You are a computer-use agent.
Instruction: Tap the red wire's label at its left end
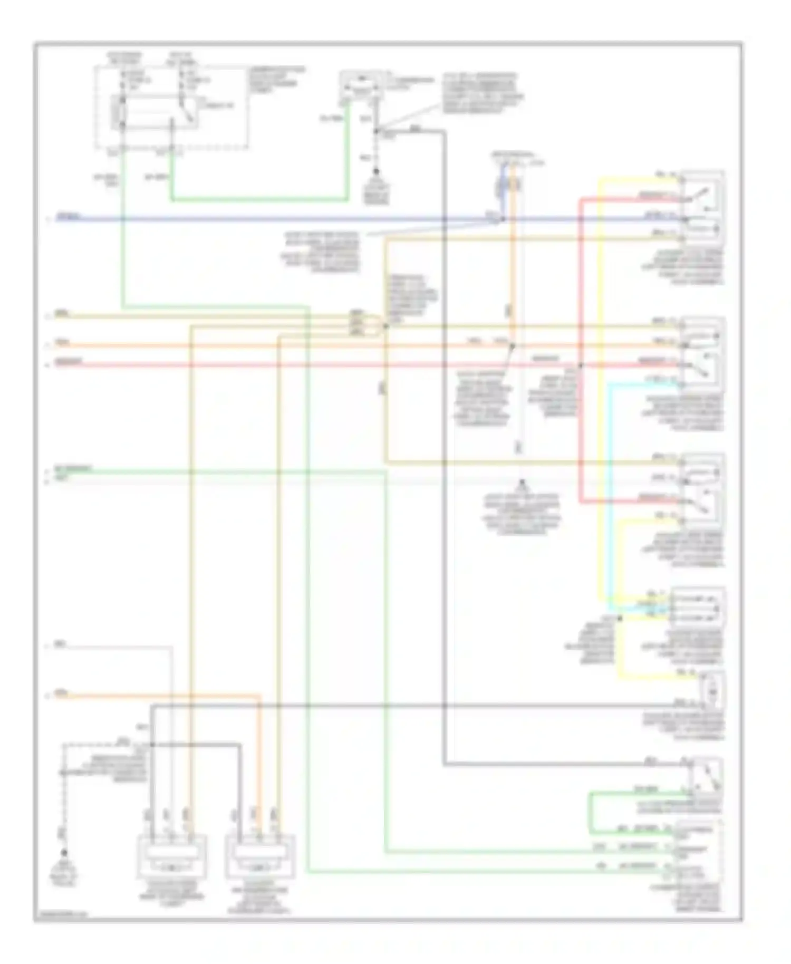(69, 362)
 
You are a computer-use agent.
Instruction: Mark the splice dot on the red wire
(581, 365)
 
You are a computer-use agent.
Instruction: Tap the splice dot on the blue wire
(503, 219)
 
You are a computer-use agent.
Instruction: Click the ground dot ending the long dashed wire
(64, 852)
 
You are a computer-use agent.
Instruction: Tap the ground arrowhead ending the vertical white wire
(522, 483)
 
